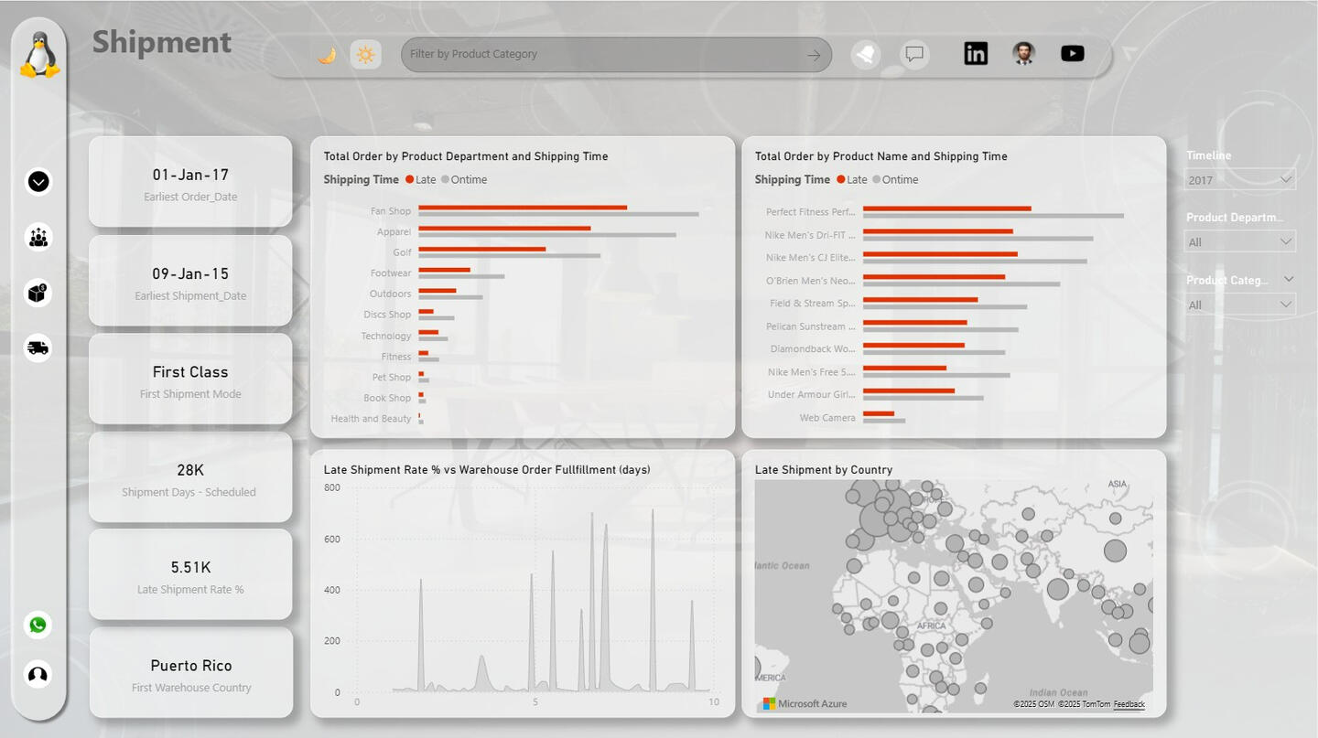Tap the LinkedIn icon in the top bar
[976, 54]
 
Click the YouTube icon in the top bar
[1073, 54]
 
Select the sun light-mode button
[365, 55]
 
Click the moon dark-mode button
[327, 55]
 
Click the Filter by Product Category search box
[604, 55]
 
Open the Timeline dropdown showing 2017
[1240, 180]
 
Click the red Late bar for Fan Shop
[523, 208]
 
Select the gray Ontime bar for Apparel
[546, 235]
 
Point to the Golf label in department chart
[403, 252]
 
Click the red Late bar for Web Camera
[878, 414]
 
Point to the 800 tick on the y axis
[331, 488]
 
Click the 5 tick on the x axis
[535, 702]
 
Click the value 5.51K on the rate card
[190, 568]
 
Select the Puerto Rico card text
[190, 666]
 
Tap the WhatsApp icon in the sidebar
[38, 625]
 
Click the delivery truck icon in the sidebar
[38, 348]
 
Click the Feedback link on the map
[1129, 704]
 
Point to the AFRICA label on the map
[931, 626]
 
